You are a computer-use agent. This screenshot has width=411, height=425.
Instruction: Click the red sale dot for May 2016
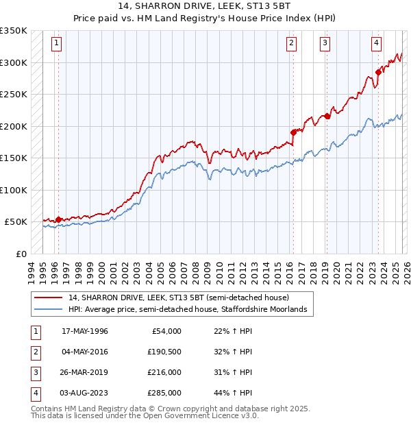click(x=292, y=132)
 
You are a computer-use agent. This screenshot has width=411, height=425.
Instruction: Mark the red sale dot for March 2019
click(x=327, y=116)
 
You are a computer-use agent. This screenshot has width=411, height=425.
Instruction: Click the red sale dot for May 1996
click(x=58, y=219)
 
